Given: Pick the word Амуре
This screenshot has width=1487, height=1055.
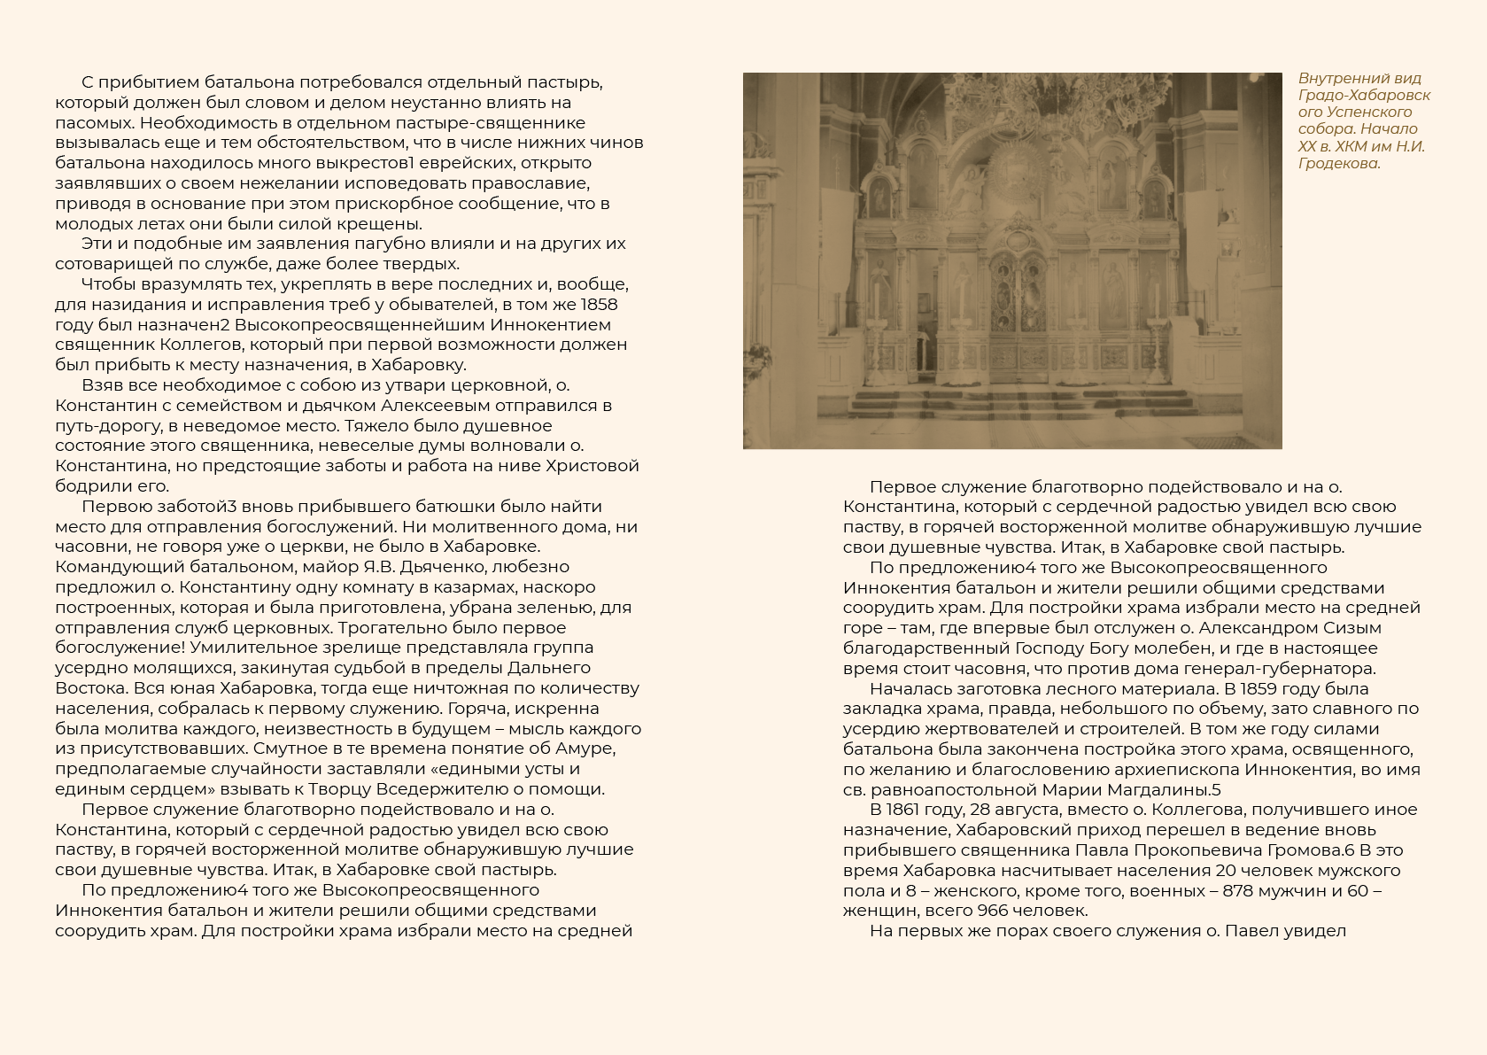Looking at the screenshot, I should pos(587,749).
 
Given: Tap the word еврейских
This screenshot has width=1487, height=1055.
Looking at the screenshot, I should pos(463,163).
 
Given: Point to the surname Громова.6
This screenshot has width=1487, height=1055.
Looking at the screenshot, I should pos(1295,850).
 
